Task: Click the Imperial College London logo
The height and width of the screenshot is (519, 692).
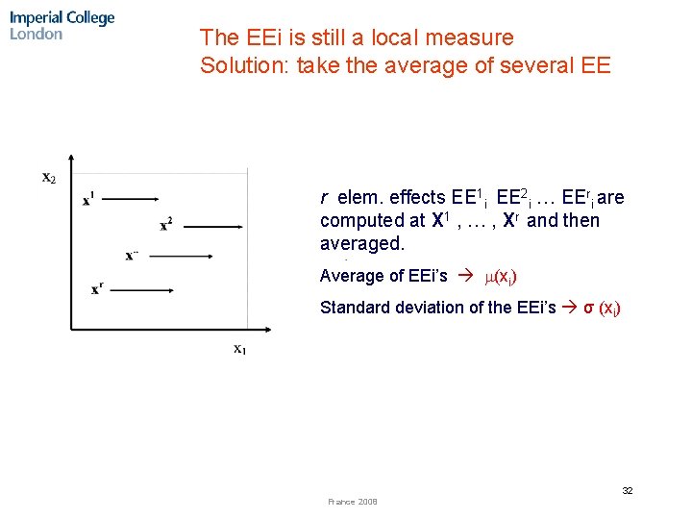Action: tap(62, 26)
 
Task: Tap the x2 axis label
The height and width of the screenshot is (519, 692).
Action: tap(49, 177)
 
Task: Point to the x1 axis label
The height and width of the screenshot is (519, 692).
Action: tap(239, 349)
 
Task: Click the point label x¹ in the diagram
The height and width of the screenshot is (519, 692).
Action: tap(88, 199)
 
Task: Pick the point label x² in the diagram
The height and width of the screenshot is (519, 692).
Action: tap(166, 224)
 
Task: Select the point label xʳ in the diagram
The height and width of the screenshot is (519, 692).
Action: tap(98, 286)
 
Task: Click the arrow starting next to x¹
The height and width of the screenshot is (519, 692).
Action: tap(131, 199)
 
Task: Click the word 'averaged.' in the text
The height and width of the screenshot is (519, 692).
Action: tap(362, 244)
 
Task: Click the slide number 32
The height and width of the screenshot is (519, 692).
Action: tap(627, 490)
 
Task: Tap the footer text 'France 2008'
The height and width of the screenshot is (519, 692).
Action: tap(353, 502)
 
